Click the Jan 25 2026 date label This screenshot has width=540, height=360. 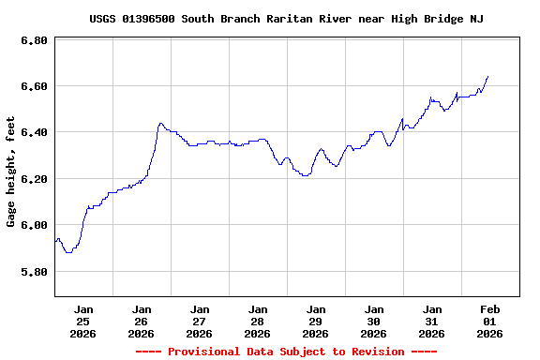pyautogui.click(x=83, y=321)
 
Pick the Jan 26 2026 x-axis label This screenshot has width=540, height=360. pyautogui.click(x=142, y=321)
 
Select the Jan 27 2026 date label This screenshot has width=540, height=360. pyautogui.click(x=200, y=321)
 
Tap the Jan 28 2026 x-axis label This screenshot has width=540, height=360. pyautogui.click(x=258, y=321)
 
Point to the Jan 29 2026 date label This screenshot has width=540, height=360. pyautogui.click(x=316, y=321)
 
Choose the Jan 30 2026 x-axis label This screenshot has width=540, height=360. pyautogui.click(x=374, y=321)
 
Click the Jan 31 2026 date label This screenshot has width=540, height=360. pyautogui.click(x=432, y=321)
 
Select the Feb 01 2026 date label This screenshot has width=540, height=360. pyautogui.click(x=490, y=321)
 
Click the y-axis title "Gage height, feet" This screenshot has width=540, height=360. pyautogui.click(x=11, y=172)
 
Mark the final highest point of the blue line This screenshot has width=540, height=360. pyautogui.click(x=487, y=76)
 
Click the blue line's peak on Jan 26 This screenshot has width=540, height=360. pyautogui.click(x=161, y=123)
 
